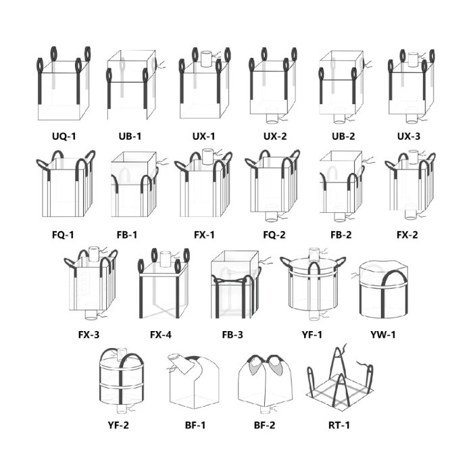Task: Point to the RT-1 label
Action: coord(338,425)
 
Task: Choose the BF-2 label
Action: coord(267,425)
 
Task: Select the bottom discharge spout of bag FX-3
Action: coord(90,314)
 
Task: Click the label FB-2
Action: coord(341,234)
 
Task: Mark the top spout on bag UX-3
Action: coord(411,57)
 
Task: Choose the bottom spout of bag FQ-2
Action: coord(272,216)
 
